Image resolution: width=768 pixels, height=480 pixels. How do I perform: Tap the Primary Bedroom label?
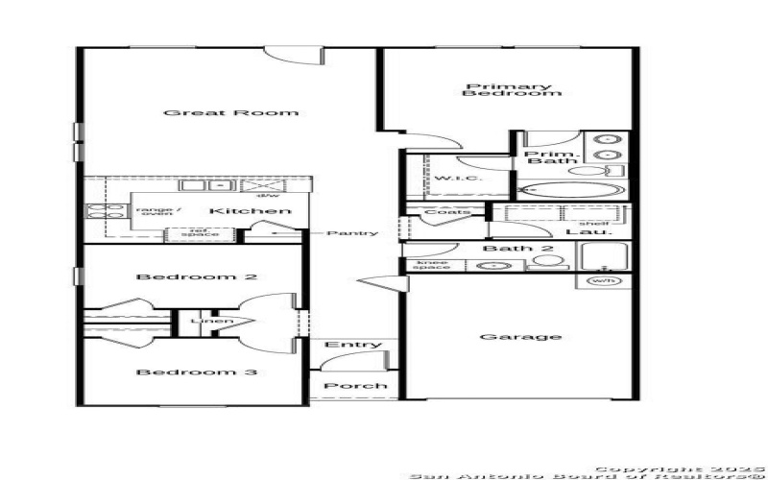pos(511,90)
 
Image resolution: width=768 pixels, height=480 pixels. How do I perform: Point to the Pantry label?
pos(352,233)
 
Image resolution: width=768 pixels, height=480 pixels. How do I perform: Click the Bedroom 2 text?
pos(196,276)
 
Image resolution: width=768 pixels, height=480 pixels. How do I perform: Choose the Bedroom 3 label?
pos(196,372)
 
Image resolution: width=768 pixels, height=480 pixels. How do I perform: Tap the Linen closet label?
pos(211,321)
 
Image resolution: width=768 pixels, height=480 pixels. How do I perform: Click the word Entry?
pos(347,345)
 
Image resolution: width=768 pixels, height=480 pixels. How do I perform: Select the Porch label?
pos(355,386)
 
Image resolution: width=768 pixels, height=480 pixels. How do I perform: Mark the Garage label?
pos(506,337)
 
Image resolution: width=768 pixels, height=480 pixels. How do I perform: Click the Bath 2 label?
pos(505,250)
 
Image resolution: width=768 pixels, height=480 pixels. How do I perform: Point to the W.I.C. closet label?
pos(451,180)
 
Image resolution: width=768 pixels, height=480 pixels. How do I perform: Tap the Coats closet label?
pos(447,212)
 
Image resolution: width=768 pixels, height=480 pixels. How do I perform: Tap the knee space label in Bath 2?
pos(431,264)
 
